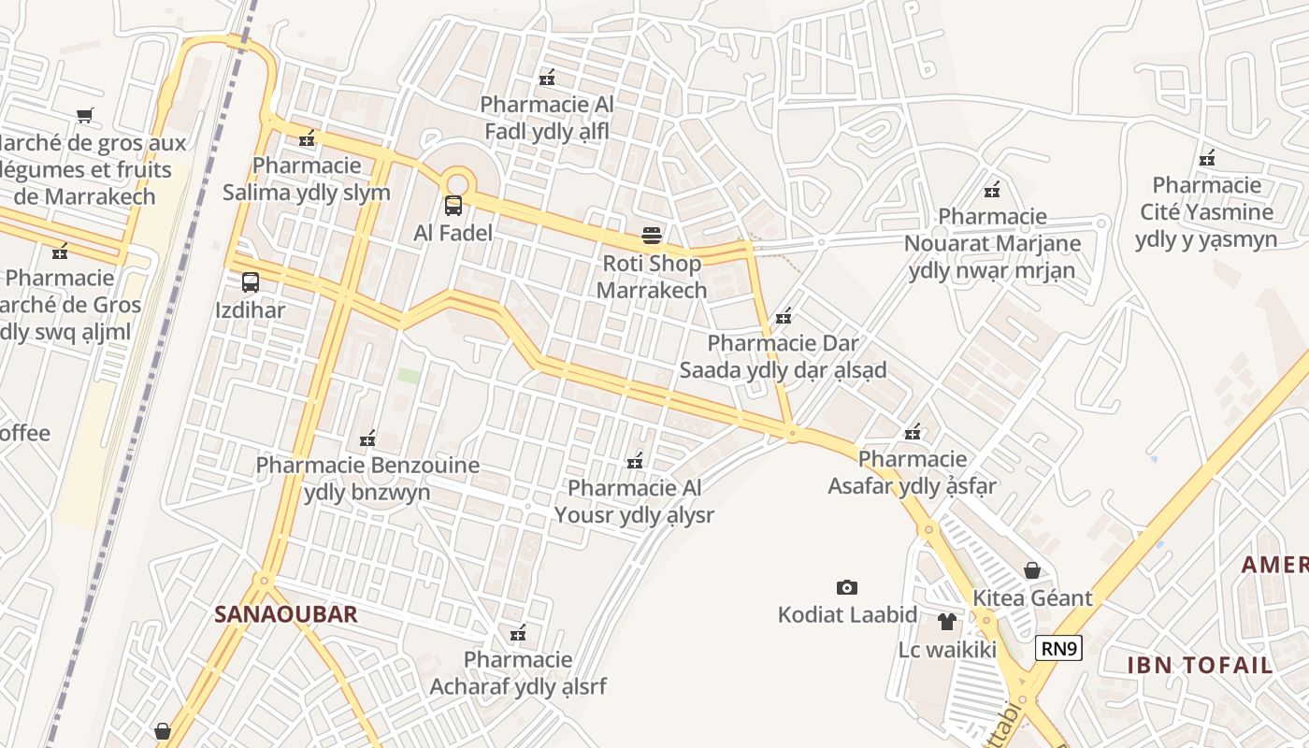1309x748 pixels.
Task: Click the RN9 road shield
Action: point(1058,648)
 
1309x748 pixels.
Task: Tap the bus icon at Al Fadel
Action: point(453,206)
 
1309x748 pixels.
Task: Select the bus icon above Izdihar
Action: point(251,282)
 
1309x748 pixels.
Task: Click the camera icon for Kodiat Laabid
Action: point(847,587)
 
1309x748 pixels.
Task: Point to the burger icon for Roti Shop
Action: point(652,236)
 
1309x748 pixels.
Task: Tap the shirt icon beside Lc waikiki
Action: point(947,621)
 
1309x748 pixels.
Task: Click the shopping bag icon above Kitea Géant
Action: point(1032,570)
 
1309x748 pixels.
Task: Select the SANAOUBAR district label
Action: point(286,614)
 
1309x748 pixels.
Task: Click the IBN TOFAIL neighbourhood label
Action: point(1200,666)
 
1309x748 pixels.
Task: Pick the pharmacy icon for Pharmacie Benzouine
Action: point(367,439)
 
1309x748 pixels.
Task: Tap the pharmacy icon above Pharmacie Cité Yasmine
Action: point(1207,158)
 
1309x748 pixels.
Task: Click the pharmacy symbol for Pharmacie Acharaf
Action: point(518,634)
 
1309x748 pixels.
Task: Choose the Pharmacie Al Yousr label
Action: point(634,501)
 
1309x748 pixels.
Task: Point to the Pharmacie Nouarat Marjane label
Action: point(992,244)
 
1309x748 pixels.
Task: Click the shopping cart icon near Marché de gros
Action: point(85,116)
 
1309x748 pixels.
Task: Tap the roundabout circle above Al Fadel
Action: point(456,182)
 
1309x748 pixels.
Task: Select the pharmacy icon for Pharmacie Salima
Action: point(307,139)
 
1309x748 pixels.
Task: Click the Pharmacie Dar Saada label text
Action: point(783,356)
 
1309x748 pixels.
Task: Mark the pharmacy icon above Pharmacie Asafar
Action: point(913,432)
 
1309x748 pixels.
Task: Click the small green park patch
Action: point(409,375)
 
